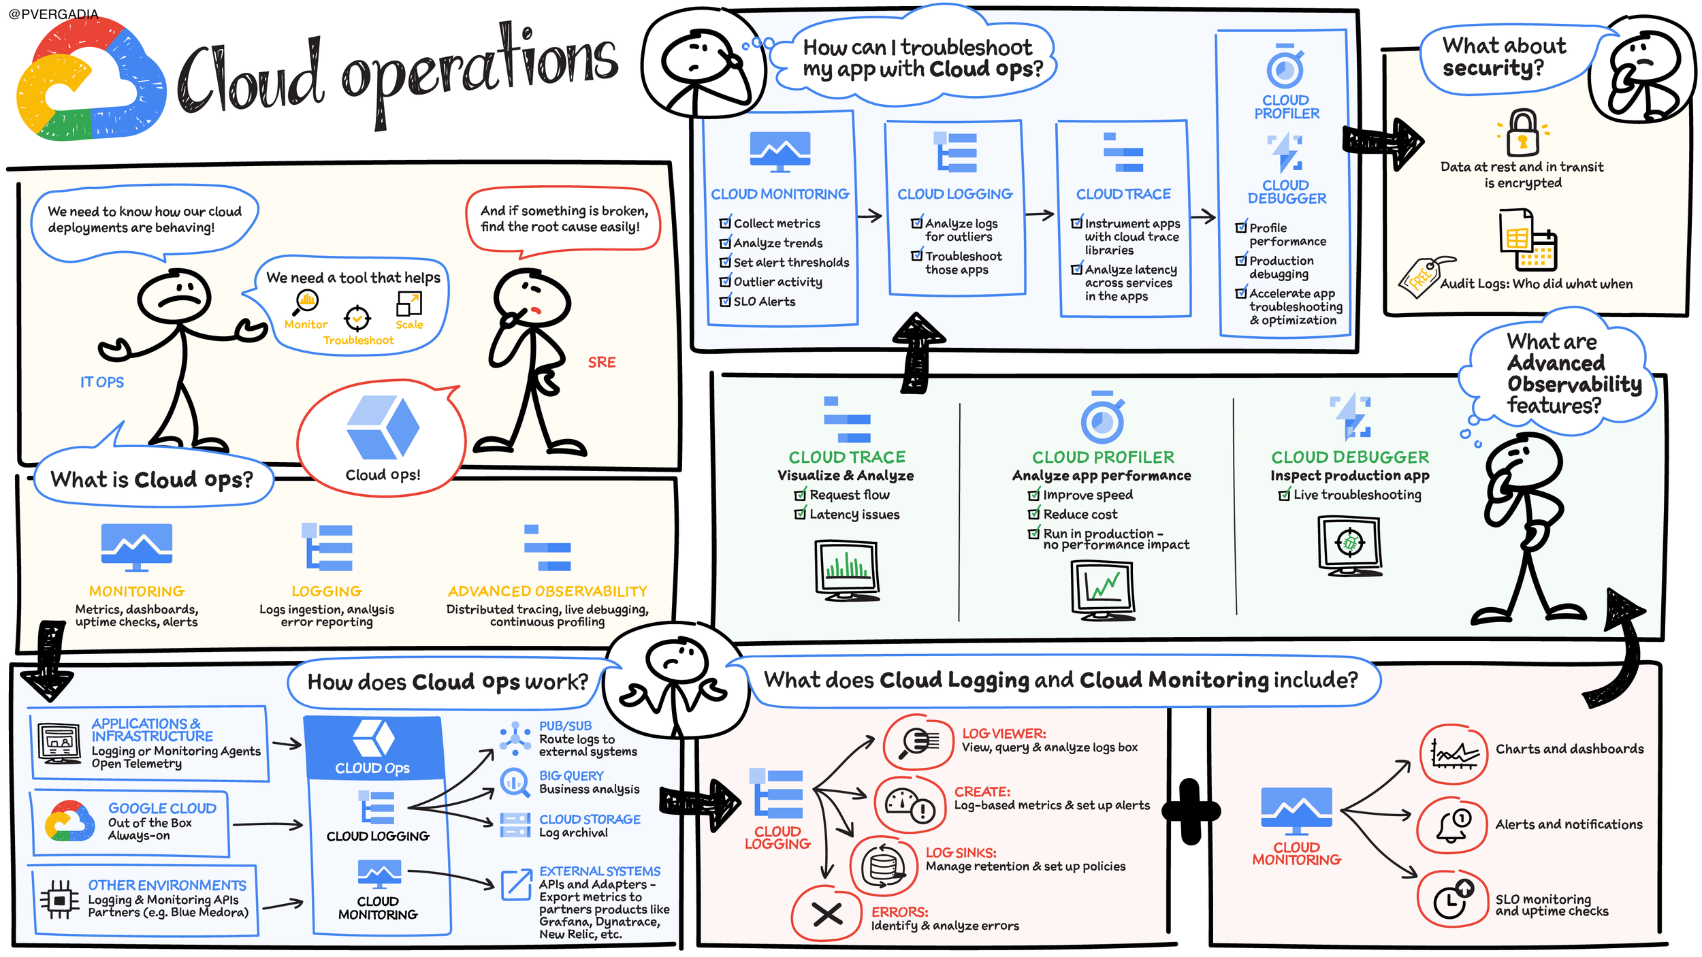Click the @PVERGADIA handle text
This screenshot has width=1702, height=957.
coord(54,14)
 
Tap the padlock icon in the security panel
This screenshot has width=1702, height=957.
coord(1523,133)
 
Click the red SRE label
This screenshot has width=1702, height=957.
coord(602,362)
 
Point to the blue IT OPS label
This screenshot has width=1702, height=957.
coord(102,382)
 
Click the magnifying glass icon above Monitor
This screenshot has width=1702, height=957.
coord(306,302)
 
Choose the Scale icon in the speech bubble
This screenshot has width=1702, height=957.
coord(409,304)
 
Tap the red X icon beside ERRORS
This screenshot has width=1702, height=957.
coord(827,913)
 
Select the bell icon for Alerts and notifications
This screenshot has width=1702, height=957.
coord(1453,825)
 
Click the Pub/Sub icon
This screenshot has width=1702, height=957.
coord(515,739)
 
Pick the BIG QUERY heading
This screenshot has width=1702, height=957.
coord(571,776)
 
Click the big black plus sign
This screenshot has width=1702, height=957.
coord(1191,811)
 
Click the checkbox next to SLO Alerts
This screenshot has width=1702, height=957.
coord(725,300)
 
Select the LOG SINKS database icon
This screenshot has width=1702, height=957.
coord(884,866)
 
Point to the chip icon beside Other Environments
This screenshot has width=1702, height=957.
coord(59,900)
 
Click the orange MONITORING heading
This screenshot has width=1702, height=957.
coord(137,591)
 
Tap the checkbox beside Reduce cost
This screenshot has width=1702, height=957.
coord(1033,513)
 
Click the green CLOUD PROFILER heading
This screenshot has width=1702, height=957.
coord(1103,457)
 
